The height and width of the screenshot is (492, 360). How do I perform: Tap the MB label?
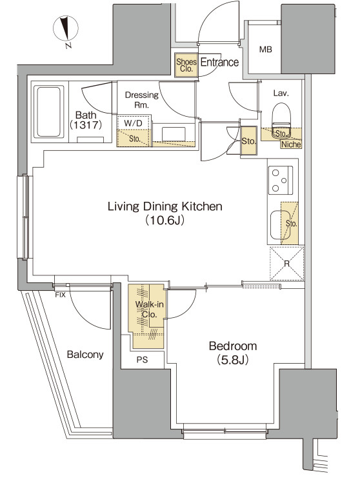[x=266, y=49]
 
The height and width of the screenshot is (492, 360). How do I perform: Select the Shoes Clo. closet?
[x=186, y=65]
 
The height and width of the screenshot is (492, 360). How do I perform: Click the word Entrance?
[x=219, y=62]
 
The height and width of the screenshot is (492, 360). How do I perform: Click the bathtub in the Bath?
[x=48, y=112]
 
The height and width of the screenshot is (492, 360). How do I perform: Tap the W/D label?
[x=133, y=123]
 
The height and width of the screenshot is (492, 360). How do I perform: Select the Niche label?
[x=291, y=144]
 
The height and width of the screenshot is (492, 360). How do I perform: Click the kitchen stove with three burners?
[x=281, y=180]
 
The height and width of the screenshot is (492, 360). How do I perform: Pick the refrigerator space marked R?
[x=287, y=264]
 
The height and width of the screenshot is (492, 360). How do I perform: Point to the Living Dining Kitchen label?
[x=165, y=206]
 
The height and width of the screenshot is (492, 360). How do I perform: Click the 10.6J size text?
[x=165, y=221]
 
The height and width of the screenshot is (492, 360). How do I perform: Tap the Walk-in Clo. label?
[x=150, y=309]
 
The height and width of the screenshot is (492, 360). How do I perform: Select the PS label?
[x=142, y=360]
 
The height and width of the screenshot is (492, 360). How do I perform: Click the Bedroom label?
[x=233, y=346]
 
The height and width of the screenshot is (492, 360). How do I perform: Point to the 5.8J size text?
[x=233, y=360]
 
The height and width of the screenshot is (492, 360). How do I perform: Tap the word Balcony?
[x=85, y=355]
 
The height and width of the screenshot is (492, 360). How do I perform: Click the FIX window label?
[x=60, y=295]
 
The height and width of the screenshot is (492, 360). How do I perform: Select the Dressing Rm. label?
[x=142, y=99]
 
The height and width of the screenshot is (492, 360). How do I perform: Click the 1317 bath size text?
[x=86, y=126]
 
